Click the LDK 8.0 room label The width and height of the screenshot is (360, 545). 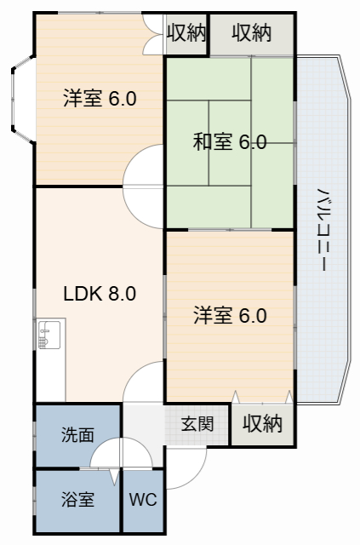tap(100, 294)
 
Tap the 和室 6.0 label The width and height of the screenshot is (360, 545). tap(230, 142)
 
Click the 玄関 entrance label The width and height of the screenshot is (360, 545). tap(197, 423)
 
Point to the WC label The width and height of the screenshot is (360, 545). tap(143, 500)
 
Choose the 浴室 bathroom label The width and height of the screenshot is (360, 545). tap(77, 500)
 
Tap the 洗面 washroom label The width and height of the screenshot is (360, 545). tap(77, 434)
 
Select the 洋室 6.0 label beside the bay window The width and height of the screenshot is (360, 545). tap(100, 99)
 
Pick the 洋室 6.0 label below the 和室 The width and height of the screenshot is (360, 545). tap(230, 316)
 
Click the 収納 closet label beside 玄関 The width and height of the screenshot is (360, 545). tap(262, 423)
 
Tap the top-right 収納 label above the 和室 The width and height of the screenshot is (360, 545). tap(251, 33)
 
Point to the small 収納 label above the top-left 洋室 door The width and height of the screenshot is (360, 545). tap(186, 33)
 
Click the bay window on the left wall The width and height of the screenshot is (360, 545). tap(22, 99)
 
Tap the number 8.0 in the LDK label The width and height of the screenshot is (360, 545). tap(122, 294)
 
